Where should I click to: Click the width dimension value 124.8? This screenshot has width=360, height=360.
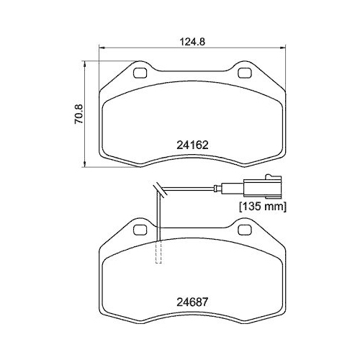(192, 41)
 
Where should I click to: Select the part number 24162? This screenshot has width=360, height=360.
(192, 144)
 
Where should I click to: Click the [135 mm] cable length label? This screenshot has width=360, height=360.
(263, 207)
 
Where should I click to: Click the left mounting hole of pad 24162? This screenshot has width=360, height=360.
(141, 72)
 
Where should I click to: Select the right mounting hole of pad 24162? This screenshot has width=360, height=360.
(242, 72)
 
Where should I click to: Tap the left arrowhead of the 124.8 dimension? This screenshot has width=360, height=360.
(101, 49)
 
